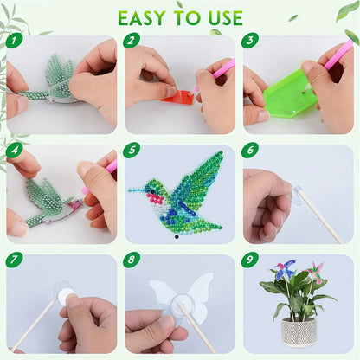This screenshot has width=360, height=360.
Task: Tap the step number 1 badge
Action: tap(14, 41)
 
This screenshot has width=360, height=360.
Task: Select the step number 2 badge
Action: tap(132, 41)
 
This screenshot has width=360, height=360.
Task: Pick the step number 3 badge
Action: tap(250, 41)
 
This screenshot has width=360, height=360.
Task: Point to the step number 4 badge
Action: tap(14, 150)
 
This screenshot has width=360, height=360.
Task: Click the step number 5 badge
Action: tap(132, 150)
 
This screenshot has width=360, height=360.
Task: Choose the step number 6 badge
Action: tap(250, 150)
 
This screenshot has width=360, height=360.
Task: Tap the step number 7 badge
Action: tap(14, 260)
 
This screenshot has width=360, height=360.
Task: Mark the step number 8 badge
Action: tap(132, 260)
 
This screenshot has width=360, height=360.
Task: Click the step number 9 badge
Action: tap(250, 260)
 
